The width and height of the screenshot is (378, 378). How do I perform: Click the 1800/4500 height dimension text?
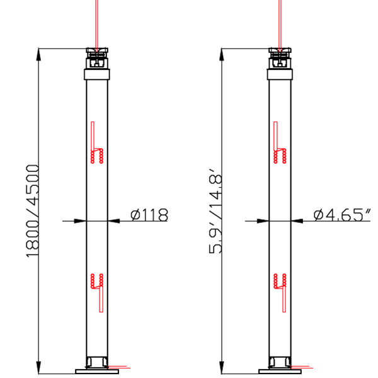(x=32, y=210)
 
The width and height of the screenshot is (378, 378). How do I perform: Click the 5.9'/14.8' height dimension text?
(x=216, y=210)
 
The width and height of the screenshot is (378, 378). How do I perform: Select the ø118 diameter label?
(x=149, y=215)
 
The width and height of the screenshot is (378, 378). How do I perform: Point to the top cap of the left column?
(x=97, y=57)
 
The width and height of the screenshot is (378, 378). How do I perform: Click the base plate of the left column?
(x=97, y=371)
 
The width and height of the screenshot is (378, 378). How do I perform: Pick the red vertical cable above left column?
(x=97, y=22)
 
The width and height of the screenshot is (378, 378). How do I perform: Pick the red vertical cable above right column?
(x=280, y=22)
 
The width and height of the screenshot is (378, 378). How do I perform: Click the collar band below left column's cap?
(x=97, y=75)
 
